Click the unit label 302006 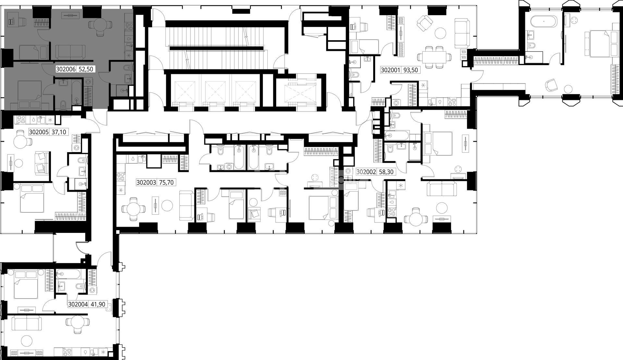click(x=66, y=69)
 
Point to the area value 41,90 click(x=97, y=304)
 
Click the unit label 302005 click(x=39, y=132)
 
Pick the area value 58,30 click(x=386, y=172)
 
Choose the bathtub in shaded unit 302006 click(x=77, y=92)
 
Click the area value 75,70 click(x=167, y=183)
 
